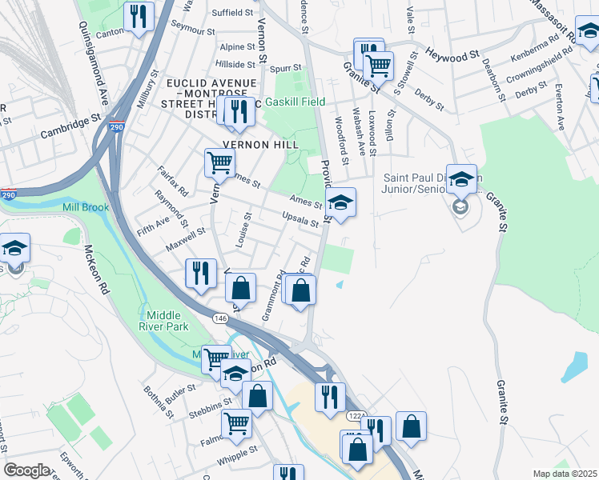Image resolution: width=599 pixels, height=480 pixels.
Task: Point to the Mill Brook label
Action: (x=85, y=208)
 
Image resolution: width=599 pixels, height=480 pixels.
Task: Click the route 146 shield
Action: (x=220, y=318)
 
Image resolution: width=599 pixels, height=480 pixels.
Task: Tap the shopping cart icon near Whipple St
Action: (x=236, y=423)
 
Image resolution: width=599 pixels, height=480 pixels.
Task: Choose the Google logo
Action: (x=26, y=470)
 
